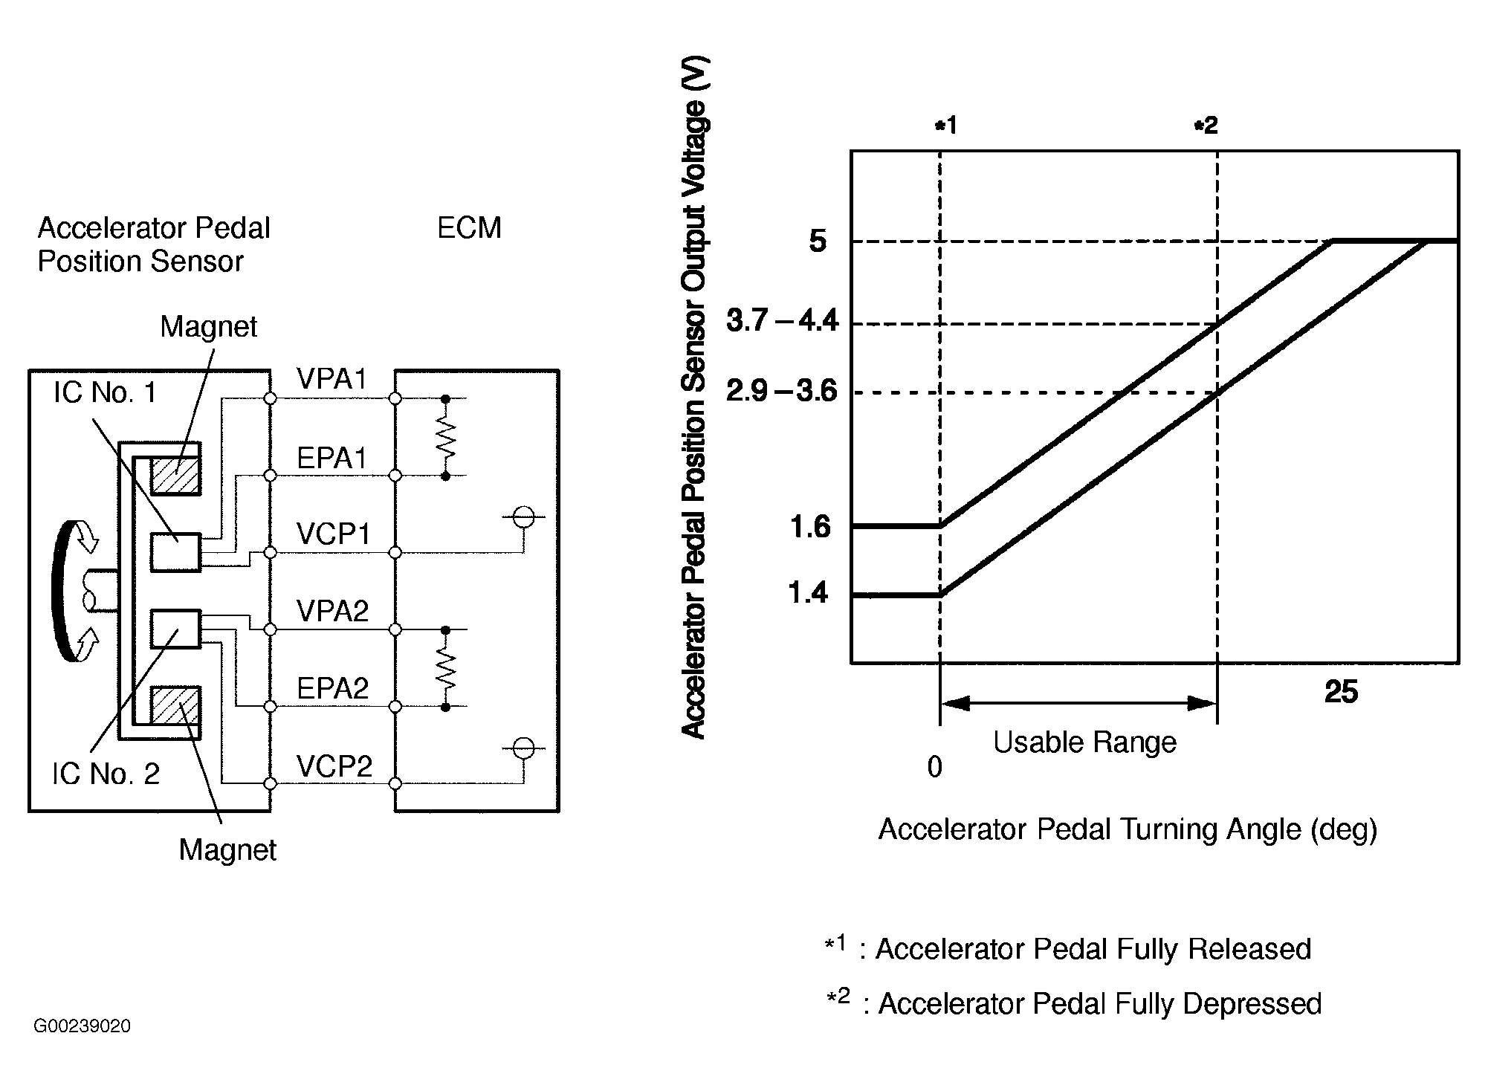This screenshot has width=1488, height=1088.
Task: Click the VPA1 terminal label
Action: pos(331,380)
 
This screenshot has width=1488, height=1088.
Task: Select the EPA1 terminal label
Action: pos(331,459)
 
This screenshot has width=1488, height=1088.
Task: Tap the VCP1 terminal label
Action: pos(332,534)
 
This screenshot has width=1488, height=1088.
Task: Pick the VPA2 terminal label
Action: pos(332,612)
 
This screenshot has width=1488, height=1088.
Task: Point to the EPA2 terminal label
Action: pos(332,689)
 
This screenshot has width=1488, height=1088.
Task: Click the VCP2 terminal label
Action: pos(334,766)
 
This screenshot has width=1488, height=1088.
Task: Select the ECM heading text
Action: pos(469,228)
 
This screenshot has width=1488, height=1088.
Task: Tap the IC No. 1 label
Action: pos(105,392)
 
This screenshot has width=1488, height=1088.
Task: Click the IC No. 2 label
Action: pos(106,774)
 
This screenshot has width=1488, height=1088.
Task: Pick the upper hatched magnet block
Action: pos(175,476)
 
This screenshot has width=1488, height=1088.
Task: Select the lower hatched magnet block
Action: pos(175,705)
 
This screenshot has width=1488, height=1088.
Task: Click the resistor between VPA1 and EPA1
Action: pos(445,437)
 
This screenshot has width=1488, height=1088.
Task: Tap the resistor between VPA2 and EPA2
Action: pos(445,668)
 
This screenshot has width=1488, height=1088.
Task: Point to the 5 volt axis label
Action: pos(817,242)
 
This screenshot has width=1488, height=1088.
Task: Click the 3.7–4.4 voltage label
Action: pos(782,322)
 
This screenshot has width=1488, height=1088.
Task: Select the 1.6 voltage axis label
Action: pos(810,527)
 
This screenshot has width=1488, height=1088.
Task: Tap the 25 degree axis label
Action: pos(1341,692)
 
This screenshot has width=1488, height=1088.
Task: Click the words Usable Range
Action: pos(1084,742)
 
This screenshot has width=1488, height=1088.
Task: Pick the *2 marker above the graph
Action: pos(1206,126)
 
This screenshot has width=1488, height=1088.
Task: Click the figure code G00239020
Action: pos(82,1026)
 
